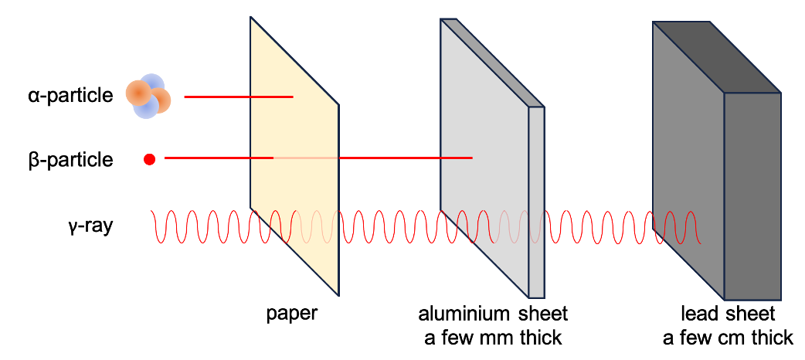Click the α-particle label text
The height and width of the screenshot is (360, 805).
[x=68, y=95]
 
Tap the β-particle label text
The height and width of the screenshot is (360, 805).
[x=68, y=160]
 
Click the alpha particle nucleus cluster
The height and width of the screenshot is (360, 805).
[x=148, y=96]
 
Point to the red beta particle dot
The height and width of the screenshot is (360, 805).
[x=150, y=159]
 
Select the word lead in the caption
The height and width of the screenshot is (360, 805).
[x=698, y=314]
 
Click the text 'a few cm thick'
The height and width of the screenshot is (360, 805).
[x=728, y=338]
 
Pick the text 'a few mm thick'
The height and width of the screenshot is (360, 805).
[x=493, y=338]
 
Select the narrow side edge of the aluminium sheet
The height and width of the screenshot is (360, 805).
[x=537, y=201]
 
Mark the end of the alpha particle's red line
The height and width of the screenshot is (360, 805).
[x=293, y=97]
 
